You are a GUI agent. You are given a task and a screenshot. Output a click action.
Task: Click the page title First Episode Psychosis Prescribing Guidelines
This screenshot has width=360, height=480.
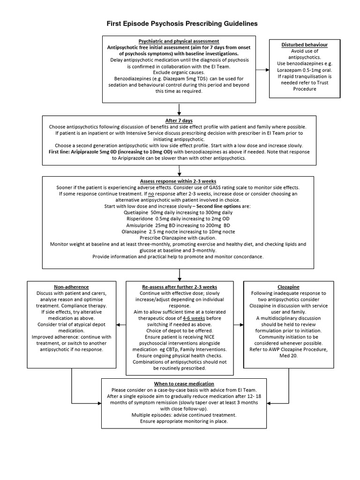coord(180,23)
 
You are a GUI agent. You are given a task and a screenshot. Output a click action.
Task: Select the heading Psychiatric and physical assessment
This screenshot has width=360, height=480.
coord(179,42)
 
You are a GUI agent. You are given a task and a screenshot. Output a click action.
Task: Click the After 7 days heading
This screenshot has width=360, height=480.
coord(180,121)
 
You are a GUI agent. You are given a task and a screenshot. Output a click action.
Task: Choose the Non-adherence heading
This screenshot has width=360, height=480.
coord(71,286)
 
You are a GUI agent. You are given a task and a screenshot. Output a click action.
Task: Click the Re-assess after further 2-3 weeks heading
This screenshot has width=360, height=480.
coord(180,286)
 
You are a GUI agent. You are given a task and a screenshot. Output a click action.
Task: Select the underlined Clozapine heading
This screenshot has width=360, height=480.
coord(288,286)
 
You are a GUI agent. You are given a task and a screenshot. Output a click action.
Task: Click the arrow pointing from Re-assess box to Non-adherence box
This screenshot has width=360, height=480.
coord(120,324)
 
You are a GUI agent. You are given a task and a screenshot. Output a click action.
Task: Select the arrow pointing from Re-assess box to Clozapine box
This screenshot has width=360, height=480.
coord(239,324)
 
